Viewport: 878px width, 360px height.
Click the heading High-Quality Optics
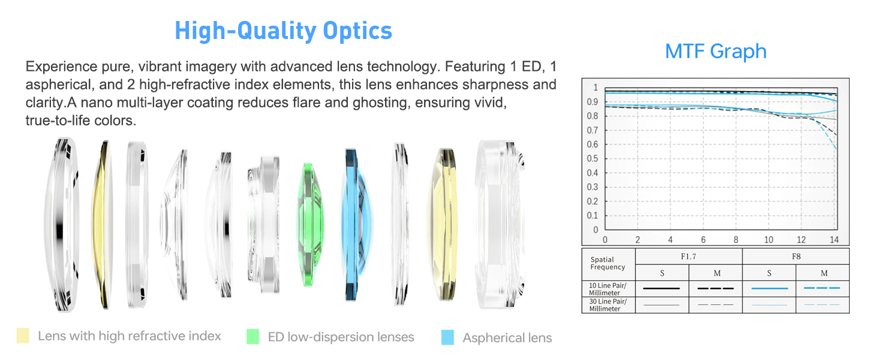[283, 31]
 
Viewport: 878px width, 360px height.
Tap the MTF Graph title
[715, 52]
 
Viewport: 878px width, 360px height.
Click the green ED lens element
[309, 224]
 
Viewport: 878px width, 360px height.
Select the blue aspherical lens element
[357, 224]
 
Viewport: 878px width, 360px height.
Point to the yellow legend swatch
[23, 335]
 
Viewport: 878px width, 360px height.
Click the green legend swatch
[253, 337]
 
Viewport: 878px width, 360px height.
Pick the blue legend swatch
[447, 337]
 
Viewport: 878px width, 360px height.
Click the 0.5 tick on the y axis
[593, 159]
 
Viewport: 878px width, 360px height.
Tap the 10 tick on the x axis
[769, 239]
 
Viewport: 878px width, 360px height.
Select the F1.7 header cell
[688, 256]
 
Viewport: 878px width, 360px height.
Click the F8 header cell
[796, 256]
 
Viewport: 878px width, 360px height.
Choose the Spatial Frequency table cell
[608, 264]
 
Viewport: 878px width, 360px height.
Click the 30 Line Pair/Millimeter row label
[608, 305]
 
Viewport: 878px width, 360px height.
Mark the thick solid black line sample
[661, 289]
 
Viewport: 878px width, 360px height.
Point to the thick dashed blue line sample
[822, 288]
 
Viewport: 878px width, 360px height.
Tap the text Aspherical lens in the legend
[507, 338]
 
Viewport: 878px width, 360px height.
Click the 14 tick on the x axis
[834, 239]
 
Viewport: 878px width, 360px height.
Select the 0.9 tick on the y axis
[593, 102]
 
